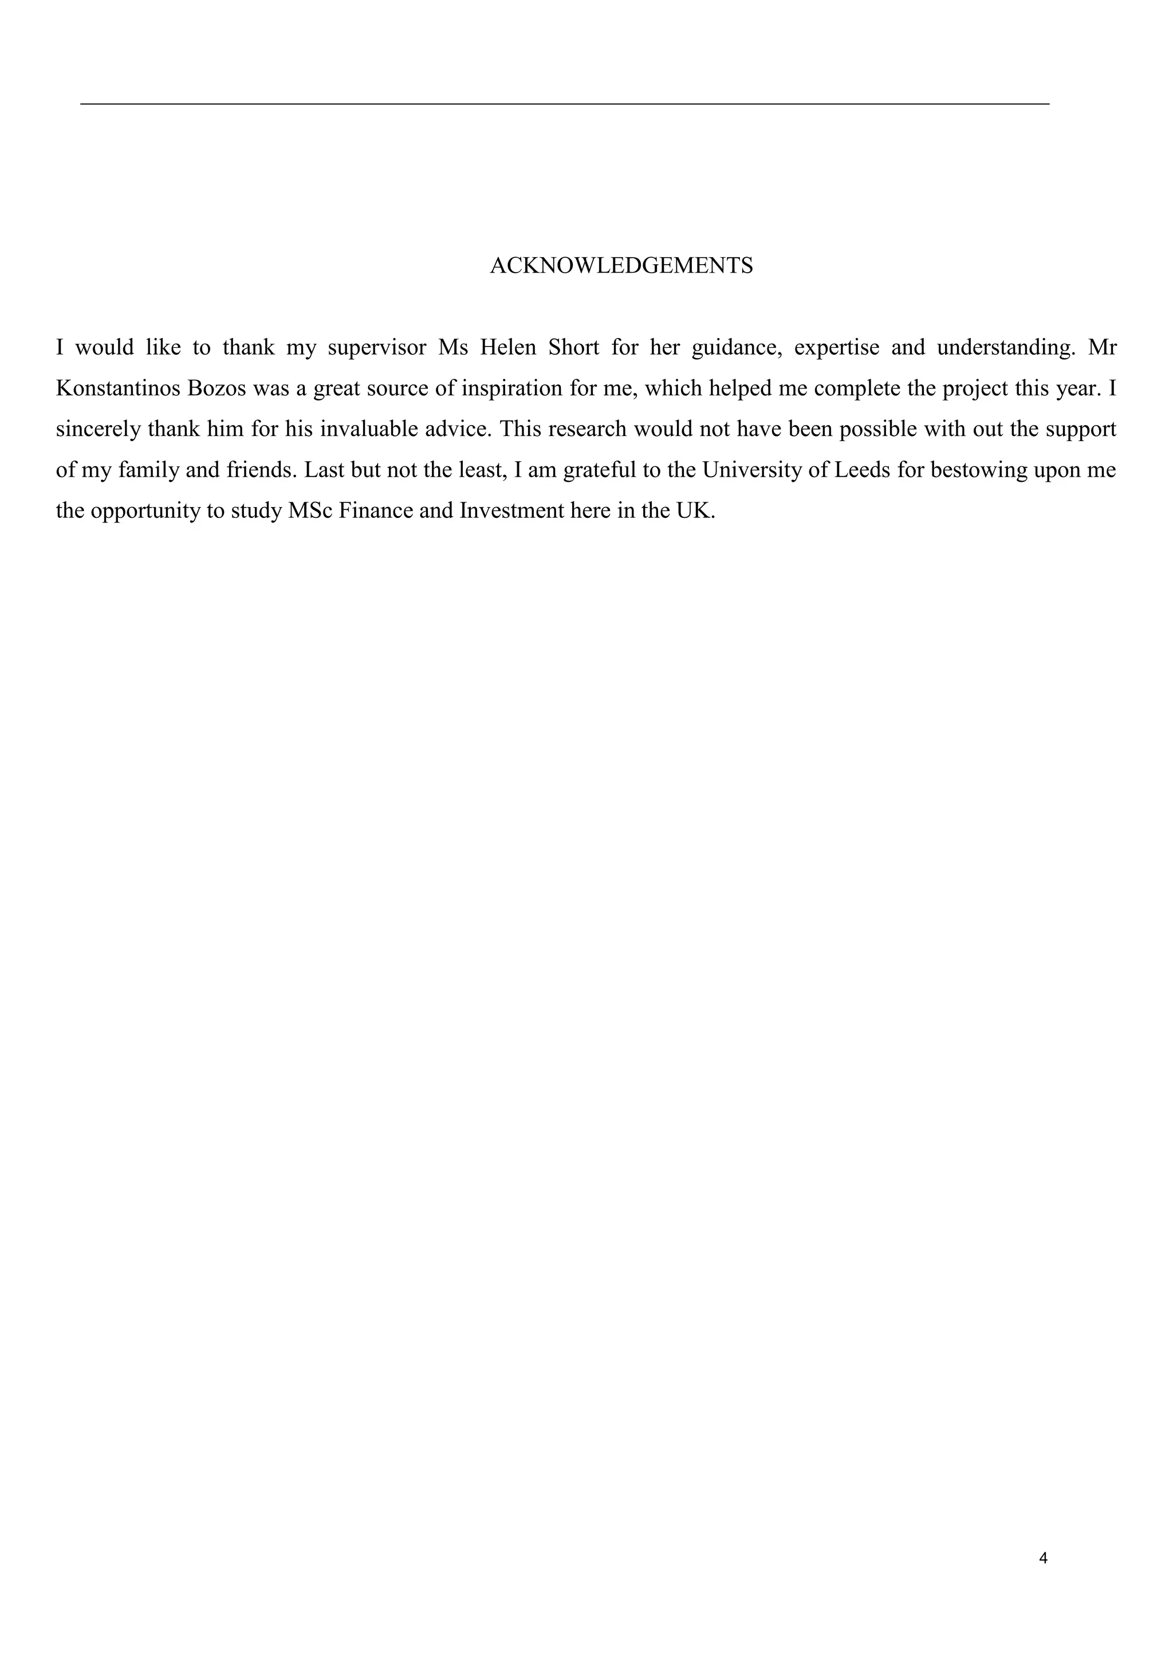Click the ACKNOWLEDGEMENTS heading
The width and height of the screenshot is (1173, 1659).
pyautogui.click(x=621, y=266)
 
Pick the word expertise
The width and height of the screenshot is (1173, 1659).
pyautogui.click(x=836, y=348)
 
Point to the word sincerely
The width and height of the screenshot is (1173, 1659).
pyautogui.click(x=99, y=430)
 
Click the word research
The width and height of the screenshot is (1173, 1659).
pyautogui.click(x=586, y=429)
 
